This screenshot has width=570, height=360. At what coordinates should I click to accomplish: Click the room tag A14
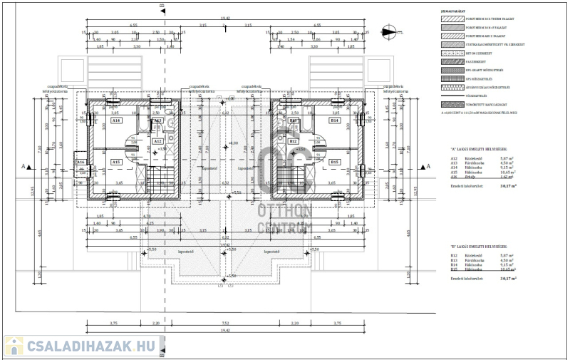click(x=116, y=121)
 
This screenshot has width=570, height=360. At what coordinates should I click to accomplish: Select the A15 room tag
click(x=116, y=162)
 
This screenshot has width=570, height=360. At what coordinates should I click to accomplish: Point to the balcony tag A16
click(x=81, y=163)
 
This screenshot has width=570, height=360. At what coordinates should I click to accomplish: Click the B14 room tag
click(x=333, y=121)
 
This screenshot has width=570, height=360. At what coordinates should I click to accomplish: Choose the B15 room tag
click(x=333, y=162)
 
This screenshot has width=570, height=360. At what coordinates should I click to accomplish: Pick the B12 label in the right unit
click(x=293, y=141)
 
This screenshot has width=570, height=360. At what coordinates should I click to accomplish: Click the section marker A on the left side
click(x=24, y=166)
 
